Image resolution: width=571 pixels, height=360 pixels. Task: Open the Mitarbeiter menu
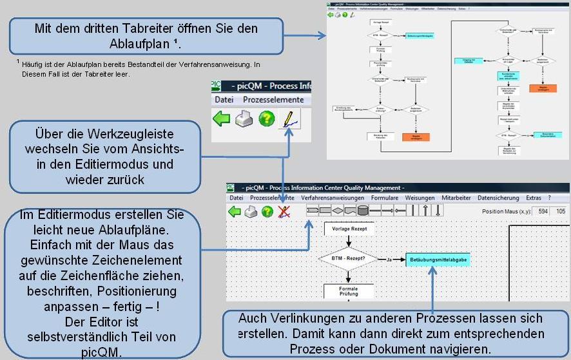point(456,198)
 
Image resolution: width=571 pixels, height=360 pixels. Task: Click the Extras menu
point(533,198)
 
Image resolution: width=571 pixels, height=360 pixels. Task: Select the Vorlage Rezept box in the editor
point(348,229)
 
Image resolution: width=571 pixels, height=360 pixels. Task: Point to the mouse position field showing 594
point(542,211)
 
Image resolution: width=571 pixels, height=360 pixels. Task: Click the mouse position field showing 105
point(561,211)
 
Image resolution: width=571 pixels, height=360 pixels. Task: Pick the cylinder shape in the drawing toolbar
point(363,211)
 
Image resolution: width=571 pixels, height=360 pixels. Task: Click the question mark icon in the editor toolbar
point(267,212)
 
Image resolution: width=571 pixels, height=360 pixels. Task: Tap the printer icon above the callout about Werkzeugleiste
point(244,119)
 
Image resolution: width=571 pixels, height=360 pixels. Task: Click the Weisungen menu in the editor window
point(420,198)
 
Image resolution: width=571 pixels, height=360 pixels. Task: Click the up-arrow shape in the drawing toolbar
point(426,211)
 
